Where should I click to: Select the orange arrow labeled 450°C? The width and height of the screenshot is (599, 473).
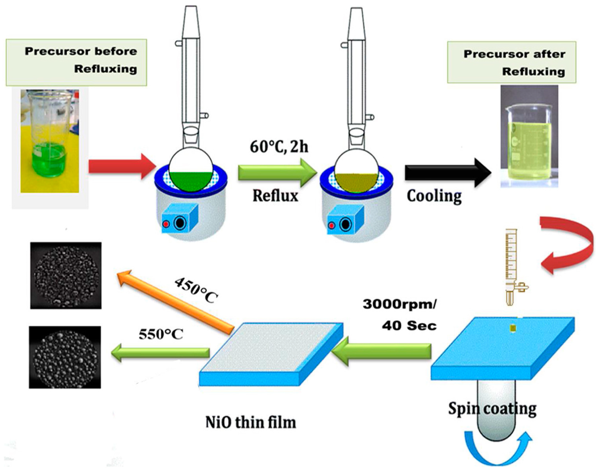[174, 302]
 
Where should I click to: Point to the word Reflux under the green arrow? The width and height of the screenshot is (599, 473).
[275, 196]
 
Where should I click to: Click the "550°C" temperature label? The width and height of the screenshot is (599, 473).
[161, 334]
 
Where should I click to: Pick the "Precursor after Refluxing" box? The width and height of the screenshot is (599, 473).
[512, 62]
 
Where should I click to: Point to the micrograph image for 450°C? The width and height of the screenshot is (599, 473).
[66, 276]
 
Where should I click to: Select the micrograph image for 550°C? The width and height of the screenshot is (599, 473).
[65, 357]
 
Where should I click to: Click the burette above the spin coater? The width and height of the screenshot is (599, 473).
[512, 266]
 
